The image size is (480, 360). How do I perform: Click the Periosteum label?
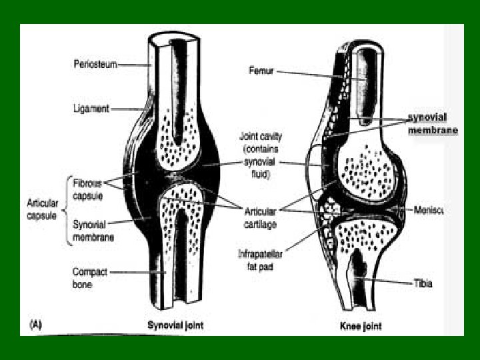click(95, 64)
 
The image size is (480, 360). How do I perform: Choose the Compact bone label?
click(90, 278)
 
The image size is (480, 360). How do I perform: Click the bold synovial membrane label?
click(432, 123)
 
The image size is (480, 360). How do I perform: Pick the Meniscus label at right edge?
click(428, 211)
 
